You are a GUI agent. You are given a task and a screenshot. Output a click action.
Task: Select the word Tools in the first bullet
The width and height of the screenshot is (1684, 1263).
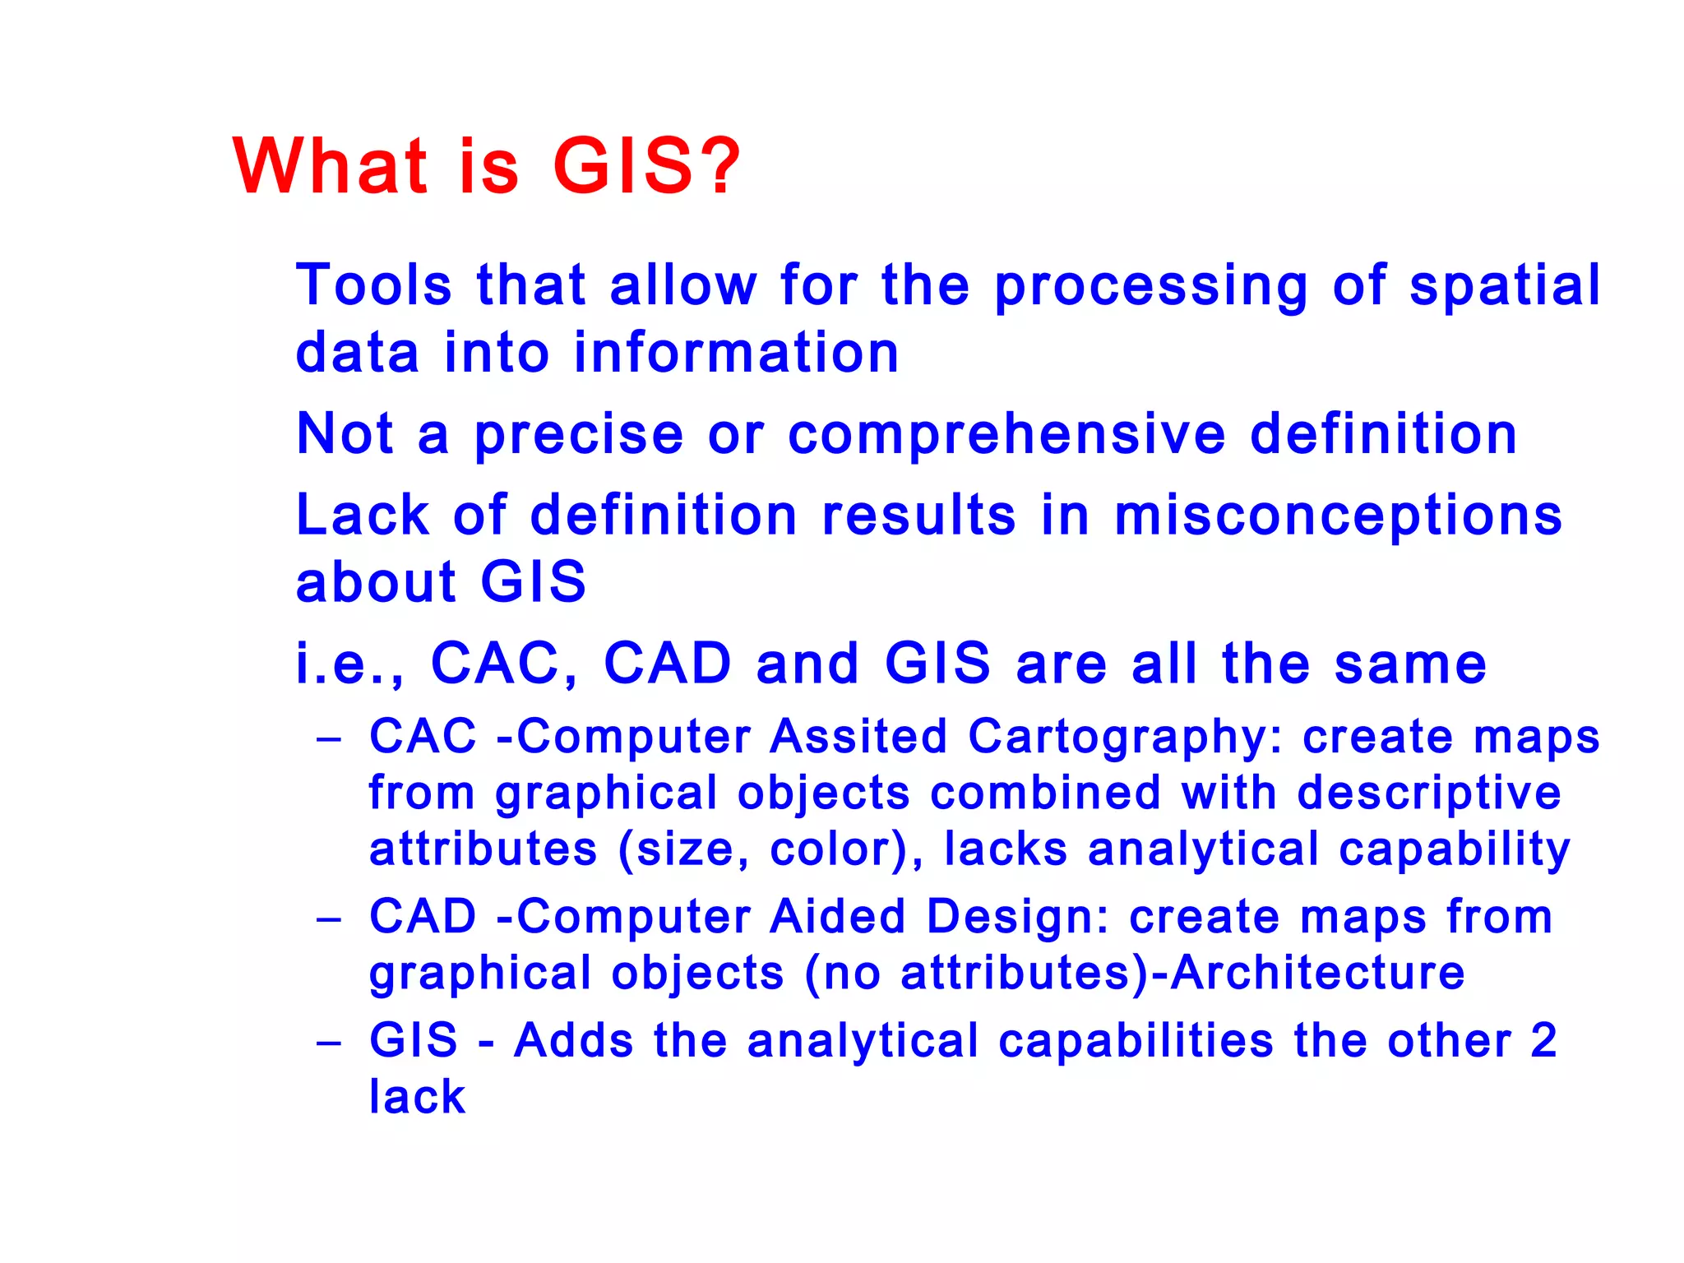click(374, 285)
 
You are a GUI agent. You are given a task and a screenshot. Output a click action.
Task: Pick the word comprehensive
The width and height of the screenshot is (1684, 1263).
click(1006, 436)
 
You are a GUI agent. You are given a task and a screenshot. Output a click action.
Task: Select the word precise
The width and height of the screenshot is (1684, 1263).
click(579, 436)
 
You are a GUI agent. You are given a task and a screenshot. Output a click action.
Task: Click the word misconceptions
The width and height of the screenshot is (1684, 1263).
click(1338, 516)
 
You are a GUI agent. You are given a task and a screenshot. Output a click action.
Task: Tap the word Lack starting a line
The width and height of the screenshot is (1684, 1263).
click(363, 516)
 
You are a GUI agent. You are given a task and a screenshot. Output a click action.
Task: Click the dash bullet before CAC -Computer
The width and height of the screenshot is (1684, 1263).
click(329, 738)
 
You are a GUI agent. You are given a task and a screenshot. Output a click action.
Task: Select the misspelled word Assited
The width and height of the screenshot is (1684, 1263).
click(858, 736)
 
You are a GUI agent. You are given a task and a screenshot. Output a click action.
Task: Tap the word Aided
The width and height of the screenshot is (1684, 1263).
click(837, 916)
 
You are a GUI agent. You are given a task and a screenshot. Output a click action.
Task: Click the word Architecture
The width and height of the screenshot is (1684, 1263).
click(1317, 973)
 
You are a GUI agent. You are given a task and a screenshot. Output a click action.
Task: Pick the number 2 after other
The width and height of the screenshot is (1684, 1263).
click(1543, 1040)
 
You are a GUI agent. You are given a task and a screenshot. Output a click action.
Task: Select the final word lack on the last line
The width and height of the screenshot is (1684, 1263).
click(417, 1096)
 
